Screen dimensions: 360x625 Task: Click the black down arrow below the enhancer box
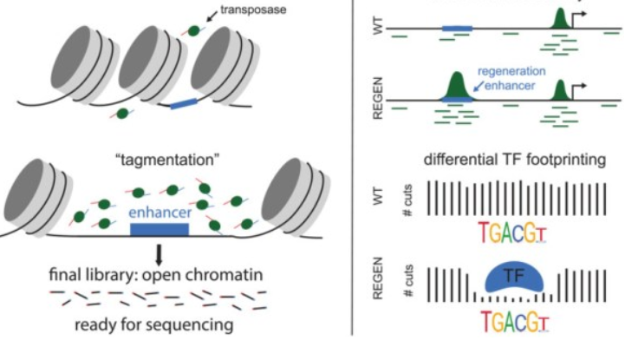159,252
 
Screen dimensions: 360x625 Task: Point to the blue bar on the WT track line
458,29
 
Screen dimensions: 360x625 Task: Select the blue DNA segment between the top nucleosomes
184,103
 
